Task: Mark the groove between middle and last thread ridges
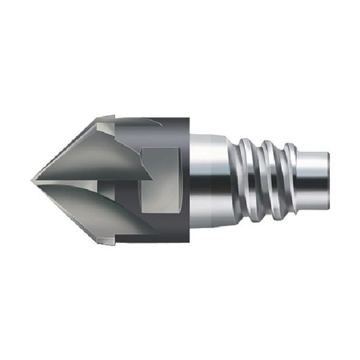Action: [280, 180]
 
